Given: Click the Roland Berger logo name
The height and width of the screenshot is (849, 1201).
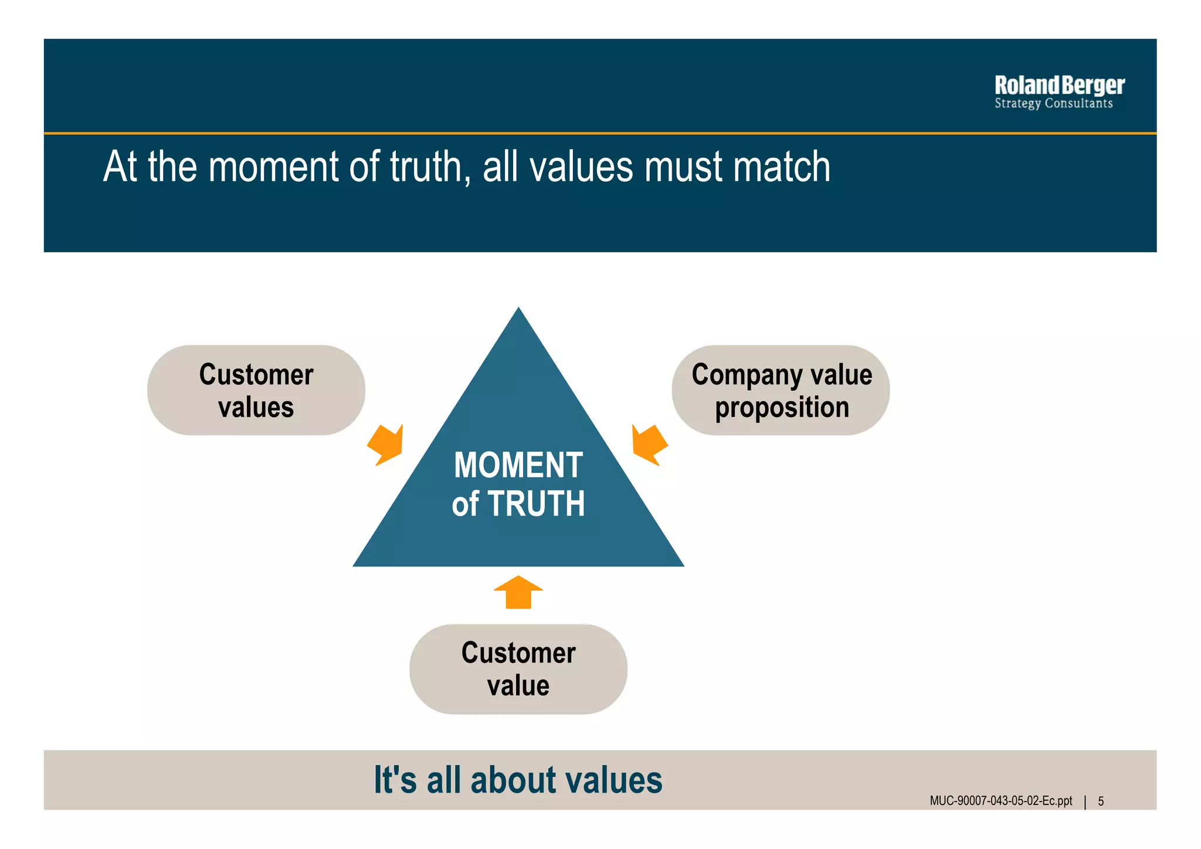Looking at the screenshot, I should (x=1059, y=86).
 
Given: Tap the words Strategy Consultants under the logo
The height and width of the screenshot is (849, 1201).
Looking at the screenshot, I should (x=1053, y=104).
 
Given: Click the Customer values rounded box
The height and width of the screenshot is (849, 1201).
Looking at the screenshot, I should (x=256, y=390).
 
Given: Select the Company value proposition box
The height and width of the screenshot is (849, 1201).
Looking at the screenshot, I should (x=781, y=390).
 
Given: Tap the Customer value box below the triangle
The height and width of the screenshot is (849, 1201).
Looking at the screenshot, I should (x=518, y=669).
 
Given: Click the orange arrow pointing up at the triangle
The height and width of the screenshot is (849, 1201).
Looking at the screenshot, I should (x=518, y=592).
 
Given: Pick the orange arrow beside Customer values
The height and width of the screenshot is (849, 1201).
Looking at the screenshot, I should (x=387, y=445).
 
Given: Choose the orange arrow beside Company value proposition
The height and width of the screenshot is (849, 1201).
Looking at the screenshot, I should (x=649, y=445).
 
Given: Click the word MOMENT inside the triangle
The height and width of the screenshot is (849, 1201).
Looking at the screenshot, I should (x=518, y=465).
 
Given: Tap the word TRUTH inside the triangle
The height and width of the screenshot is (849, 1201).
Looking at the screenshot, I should (x=536, y=504).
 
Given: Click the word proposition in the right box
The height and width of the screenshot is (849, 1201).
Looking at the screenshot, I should (x=782, y=408).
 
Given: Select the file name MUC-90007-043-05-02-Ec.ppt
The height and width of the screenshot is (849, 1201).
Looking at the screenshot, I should (x=1000, y=801).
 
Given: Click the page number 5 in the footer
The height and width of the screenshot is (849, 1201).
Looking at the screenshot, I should (x=1101, y=801).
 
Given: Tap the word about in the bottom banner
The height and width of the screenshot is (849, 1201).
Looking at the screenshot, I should (x=511, y=780).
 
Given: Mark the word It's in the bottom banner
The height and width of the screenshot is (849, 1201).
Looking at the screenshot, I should (x=395, y=780).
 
